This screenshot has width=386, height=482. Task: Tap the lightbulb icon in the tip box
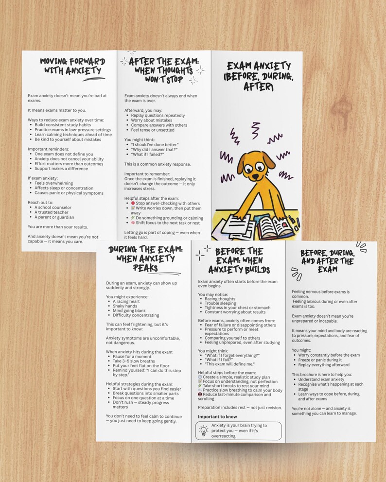pos(204,430)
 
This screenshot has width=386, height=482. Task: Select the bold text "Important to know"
pos(217,417)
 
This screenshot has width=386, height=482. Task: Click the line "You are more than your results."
pos(58,226)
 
